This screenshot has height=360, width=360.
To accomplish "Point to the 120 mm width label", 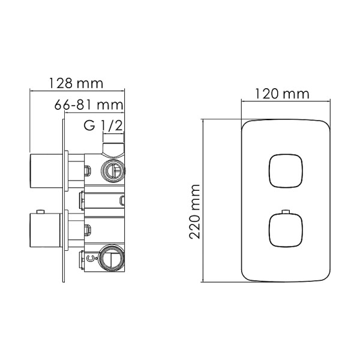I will click(281, 94).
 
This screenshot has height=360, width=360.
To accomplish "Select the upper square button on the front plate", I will click(284, 172).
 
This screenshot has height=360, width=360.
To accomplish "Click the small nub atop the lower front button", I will click(284, 213).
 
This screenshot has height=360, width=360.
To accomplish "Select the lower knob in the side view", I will click(45, 231).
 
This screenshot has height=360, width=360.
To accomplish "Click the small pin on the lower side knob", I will click(41, 212).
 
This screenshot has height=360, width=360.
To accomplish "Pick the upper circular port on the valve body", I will click(112, 170).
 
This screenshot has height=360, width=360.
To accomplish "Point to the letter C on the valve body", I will click(89, 259).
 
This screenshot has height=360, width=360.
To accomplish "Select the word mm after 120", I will click(296, 94).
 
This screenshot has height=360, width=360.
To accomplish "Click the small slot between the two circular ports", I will click(122, 200).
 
